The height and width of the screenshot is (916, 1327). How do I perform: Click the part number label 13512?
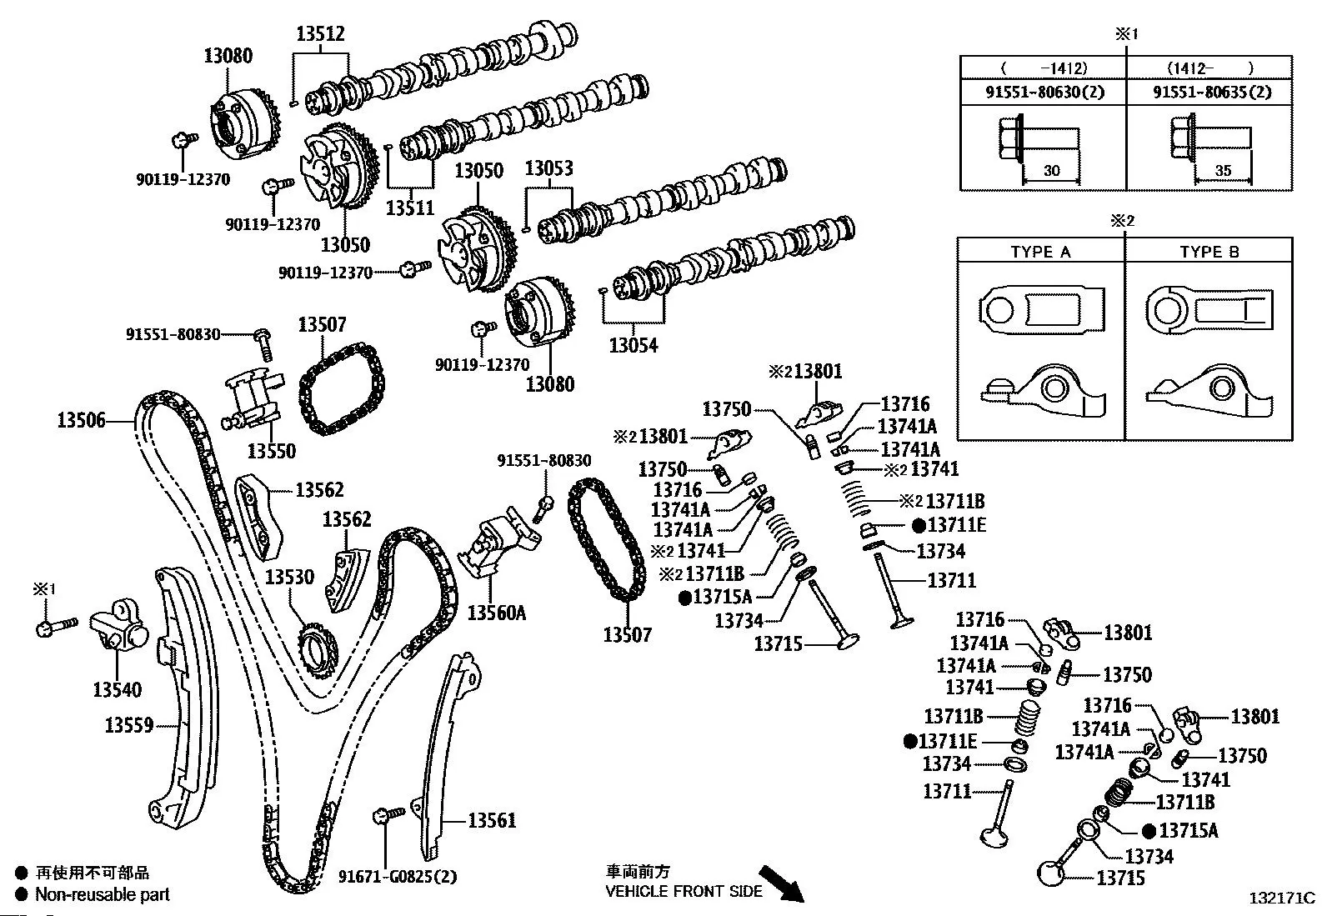[x=320, y=34]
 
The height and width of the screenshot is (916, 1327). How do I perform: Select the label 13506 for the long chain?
[x=81, y=420]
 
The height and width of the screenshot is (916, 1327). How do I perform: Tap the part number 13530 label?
[x=289, y=577]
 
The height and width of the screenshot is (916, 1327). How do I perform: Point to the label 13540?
[x=117, y=689]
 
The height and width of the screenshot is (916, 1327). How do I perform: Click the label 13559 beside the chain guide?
[x=128, y=725]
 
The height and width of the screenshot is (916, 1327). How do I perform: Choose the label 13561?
[x=492, y=820]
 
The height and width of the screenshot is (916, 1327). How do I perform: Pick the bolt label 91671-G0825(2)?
[x=398, y=876]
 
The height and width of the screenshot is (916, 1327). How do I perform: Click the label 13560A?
[x=497, y=613]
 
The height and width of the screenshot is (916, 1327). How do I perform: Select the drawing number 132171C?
[x=1281, y=898]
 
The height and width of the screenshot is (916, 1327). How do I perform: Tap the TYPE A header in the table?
[x=1040, y=252]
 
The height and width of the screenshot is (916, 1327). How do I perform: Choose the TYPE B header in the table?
[x=1209, y=252]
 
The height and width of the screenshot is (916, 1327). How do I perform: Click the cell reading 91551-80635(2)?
[x=1212, y=92]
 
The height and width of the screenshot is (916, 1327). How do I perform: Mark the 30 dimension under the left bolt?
[x=1052, y=171]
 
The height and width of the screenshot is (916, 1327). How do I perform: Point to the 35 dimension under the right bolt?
[x=1223, y=171]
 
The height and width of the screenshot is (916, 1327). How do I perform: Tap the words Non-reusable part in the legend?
[x=102, y=894]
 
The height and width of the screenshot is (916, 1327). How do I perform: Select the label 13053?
[x=548, y=168]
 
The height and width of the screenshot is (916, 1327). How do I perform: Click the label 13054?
[x=633, y=345]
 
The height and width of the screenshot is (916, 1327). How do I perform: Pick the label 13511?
[x=410, y=208]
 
